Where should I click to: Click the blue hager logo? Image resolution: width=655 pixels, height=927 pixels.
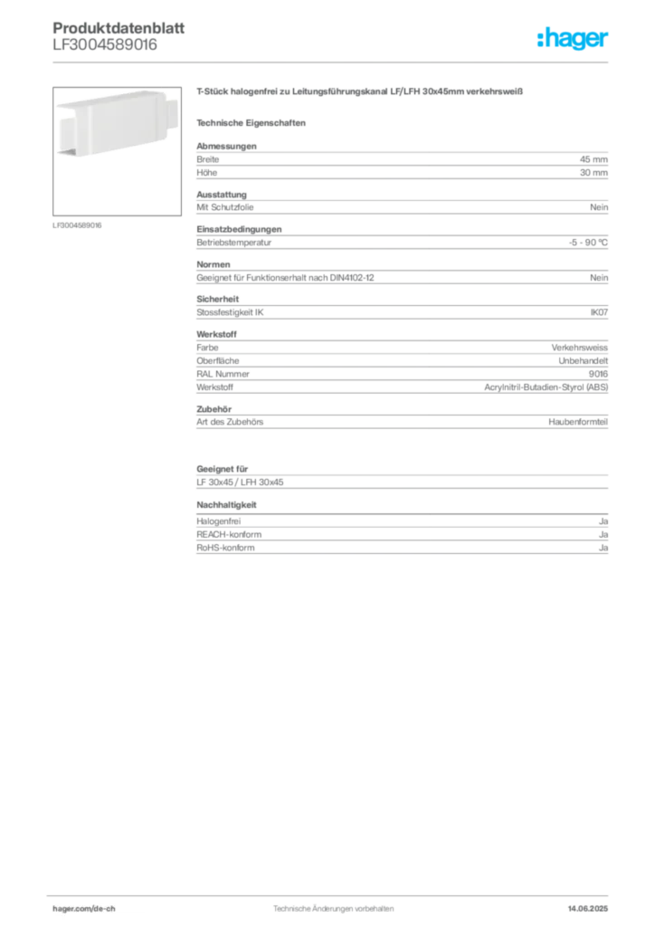point(574,39)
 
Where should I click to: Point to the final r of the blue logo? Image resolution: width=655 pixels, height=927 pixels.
point(607,41)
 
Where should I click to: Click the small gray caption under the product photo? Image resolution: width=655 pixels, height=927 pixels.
point(79,225)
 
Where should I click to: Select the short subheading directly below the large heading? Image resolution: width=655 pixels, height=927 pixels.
point(253,122)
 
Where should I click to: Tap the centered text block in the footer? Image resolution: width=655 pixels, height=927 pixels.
point(332,904)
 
